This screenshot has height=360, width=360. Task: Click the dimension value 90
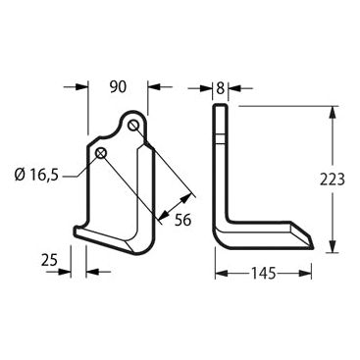pos(118,87)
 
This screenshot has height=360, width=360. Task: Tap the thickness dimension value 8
pos(221,88)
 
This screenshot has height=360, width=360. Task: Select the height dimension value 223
pos(333,180)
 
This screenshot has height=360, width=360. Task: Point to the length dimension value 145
pos(264,273)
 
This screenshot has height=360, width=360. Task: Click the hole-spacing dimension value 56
pos(182,220)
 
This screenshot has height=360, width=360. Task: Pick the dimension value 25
pos(50,260)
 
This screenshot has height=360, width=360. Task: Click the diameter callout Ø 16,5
pos(36,176)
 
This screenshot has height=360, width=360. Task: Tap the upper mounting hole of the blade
pos(132,125)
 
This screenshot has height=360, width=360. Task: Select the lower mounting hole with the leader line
pos(101,152)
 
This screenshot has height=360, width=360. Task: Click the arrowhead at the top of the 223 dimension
pos(333,112)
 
